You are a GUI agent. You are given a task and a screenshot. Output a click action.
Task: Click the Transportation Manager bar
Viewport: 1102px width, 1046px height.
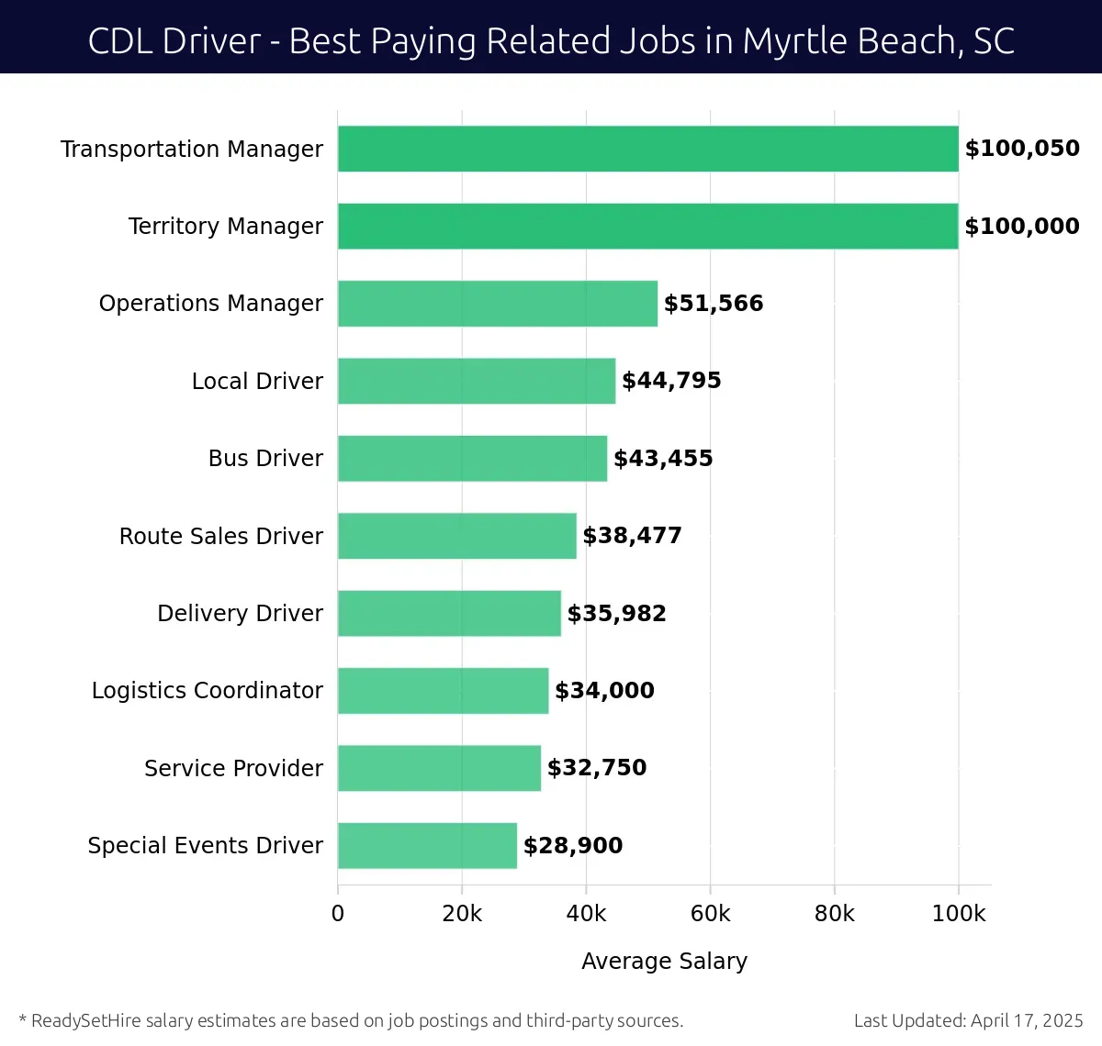click(647, 149)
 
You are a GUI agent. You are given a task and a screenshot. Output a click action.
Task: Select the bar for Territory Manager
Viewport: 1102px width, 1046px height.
click(647, 226)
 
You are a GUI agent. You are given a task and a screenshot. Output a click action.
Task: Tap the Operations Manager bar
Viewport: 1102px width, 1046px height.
click(497, 304)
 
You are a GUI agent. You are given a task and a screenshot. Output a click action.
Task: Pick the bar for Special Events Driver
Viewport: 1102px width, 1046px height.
click(427, 845)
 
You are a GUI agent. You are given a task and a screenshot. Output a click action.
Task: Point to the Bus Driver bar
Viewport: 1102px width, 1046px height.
click(472, 458)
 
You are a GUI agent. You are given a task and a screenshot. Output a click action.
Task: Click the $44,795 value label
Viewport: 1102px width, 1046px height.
click(671, 381)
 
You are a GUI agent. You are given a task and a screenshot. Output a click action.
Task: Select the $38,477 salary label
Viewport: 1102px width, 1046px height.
click(632, 536)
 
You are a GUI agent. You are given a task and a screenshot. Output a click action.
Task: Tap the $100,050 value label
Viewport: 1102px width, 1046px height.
click(1021, 149)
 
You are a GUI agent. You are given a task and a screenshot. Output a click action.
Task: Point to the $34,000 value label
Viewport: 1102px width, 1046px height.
click(604, 690)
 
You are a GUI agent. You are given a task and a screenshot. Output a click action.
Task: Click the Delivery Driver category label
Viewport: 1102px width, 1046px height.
click(240, 613)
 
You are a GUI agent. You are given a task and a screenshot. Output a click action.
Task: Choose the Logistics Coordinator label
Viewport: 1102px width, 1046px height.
click(207, 690)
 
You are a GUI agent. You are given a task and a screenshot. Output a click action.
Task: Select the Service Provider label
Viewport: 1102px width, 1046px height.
click(233, 768)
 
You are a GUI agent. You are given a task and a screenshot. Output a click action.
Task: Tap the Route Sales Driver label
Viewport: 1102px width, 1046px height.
click(220, 536)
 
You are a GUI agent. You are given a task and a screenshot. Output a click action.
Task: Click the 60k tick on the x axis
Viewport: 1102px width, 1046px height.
click(710, 914)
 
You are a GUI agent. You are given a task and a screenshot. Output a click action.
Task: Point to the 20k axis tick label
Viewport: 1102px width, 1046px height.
click(462, 914)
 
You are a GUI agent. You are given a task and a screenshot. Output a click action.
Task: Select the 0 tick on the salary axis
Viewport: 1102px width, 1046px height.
click(338, 914)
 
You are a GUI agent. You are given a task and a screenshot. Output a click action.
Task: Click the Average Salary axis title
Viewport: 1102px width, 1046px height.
click(664, 961)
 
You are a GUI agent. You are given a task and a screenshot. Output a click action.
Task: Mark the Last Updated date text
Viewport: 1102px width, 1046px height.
click(968, 1020)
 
